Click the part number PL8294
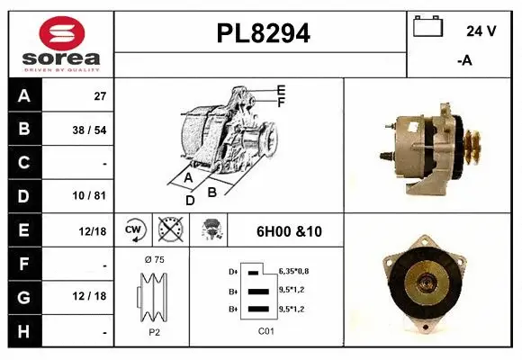pos(264,33)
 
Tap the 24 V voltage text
pos(481,31)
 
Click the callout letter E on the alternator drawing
pos(281,90)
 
